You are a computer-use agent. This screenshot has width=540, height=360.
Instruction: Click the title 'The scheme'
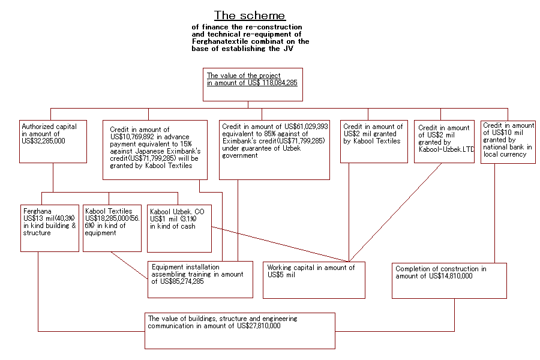250,15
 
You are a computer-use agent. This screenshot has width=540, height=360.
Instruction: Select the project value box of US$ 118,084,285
253,84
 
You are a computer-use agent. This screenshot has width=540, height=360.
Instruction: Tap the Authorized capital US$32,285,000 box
53,141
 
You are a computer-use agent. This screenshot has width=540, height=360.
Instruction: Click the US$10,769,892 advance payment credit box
155,149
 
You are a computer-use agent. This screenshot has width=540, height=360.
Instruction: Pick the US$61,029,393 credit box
274,149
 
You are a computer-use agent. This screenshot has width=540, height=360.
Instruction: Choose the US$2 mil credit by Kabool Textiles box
374,142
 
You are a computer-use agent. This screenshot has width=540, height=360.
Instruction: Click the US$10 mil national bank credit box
508,142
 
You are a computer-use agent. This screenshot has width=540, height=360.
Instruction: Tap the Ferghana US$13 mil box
49,228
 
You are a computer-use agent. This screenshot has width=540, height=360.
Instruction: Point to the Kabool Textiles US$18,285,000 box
112,228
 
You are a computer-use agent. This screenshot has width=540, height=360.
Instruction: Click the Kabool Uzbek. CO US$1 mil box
179,228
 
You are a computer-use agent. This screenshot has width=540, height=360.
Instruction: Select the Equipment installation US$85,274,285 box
200,279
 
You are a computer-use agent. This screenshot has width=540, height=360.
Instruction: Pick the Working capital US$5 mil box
317,280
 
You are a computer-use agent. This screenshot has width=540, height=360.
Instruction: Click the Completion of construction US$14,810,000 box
449,280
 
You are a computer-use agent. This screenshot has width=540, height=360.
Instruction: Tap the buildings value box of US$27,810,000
239,331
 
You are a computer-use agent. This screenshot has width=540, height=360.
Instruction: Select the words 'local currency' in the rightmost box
504,154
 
